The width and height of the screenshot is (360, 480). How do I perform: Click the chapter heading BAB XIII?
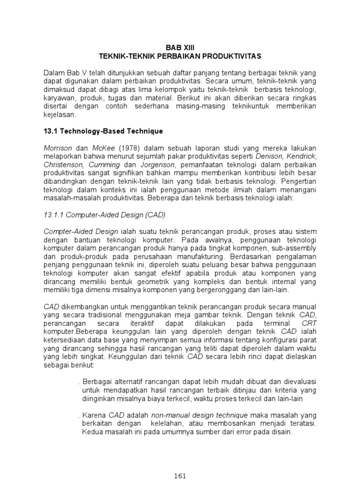[x=180, y=48]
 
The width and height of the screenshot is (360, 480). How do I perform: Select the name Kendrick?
[x=302, y=156]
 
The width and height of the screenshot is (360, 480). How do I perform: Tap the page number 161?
[x=180, y=475]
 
